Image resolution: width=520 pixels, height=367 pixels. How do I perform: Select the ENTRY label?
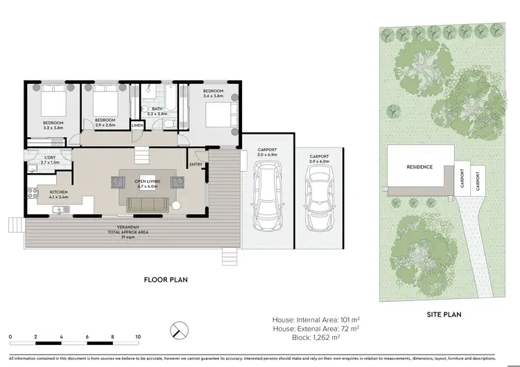(196, 164)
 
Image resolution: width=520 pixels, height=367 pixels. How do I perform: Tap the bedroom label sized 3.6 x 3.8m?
(213, 91)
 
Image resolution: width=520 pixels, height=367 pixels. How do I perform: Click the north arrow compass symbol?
(179, 328)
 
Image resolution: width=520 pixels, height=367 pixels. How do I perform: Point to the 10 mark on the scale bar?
(138, 337)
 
